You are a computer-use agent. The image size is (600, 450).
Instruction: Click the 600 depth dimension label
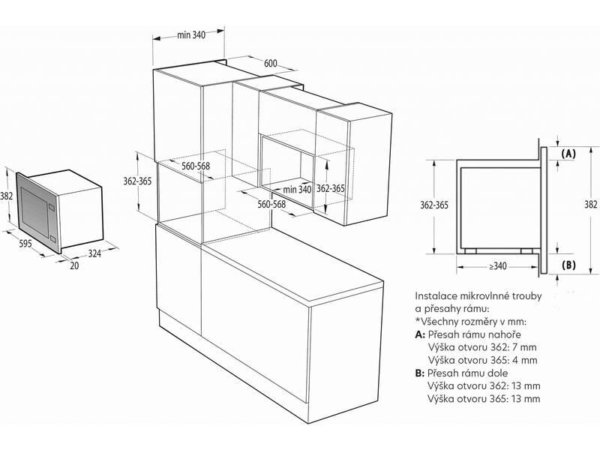(x=271, y=64)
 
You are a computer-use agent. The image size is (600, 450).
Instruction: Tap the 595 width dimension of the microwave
(x=25, y=243)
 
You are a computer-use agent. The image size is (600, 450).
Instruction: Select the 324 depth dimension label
(x=94, y=253)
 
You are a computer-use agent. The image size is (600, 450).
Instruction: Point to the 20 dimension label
(x=74, y=265)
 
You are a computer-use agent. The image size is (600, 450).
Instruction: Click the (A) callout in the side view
(x=568, y=154)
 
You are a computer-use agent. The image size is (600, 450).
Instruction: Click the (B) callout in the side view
(x=568, y=265)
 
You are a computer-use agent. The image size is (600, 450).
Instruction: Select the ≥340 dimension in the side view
(x=497, y=266)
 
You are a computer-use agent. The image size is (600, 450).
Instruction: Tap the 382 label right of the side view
(x=590, y=205)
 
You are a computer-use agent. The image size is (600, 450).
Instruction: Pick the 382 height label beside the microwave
(x=7, y=196)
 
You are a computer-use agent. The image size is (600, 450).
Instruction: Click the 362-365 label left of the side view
(x=434, y=205)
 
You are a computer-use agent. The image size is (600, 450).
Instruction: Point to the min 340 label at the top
(x=191, y=34)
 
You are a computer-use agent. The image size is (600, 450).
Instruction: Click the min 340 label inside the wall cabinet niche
(x=297, y=189)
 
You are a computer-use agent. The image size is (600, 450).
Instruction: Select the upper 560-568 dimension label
(x=196, y=166)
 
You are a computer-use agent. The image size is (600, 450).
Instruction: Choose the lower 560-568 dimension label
(x=271, y=204)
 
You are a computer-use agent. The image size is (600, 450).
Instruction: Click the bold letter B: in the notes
(x=420, y=373)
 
